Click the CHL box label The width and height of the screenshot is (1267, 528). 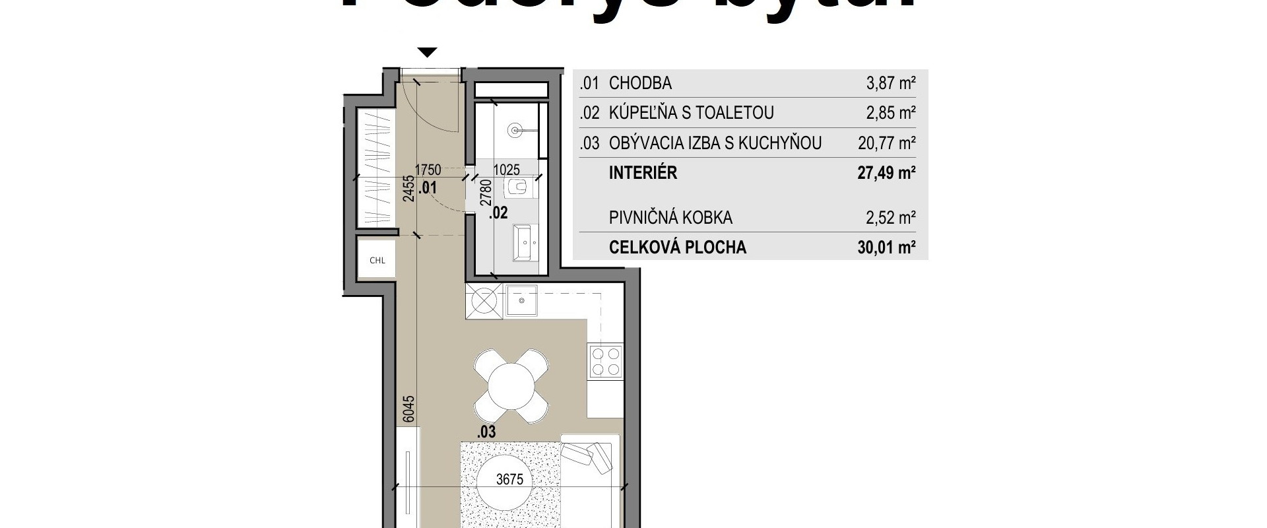[x=377, y=260]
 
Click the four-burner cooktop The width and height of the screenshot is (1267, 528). [x=606, y=361]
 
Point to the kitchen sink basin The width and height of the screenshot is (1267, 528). [x=522, y=302]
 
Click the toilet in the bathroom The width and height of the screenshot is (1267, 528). [x=518, y=188]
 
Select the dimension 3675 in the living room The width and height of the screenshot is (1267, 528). [x=509, y=479]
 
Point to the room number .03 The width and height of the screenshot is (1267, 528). [x=486, y=432]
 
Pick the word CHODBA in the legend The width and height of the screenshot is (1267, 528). [x=639, y=84]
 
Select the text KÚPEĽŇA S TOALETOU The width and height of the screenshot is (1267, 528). [x=691, y=113]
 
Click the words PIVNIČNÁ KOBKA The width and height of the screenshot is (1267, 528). [x=670, y=218]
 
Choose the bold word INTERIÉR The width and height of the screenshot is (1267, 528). [x=643, y=173]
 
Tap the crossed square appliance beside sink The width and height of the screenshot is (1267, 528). [x=484, y=302]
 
